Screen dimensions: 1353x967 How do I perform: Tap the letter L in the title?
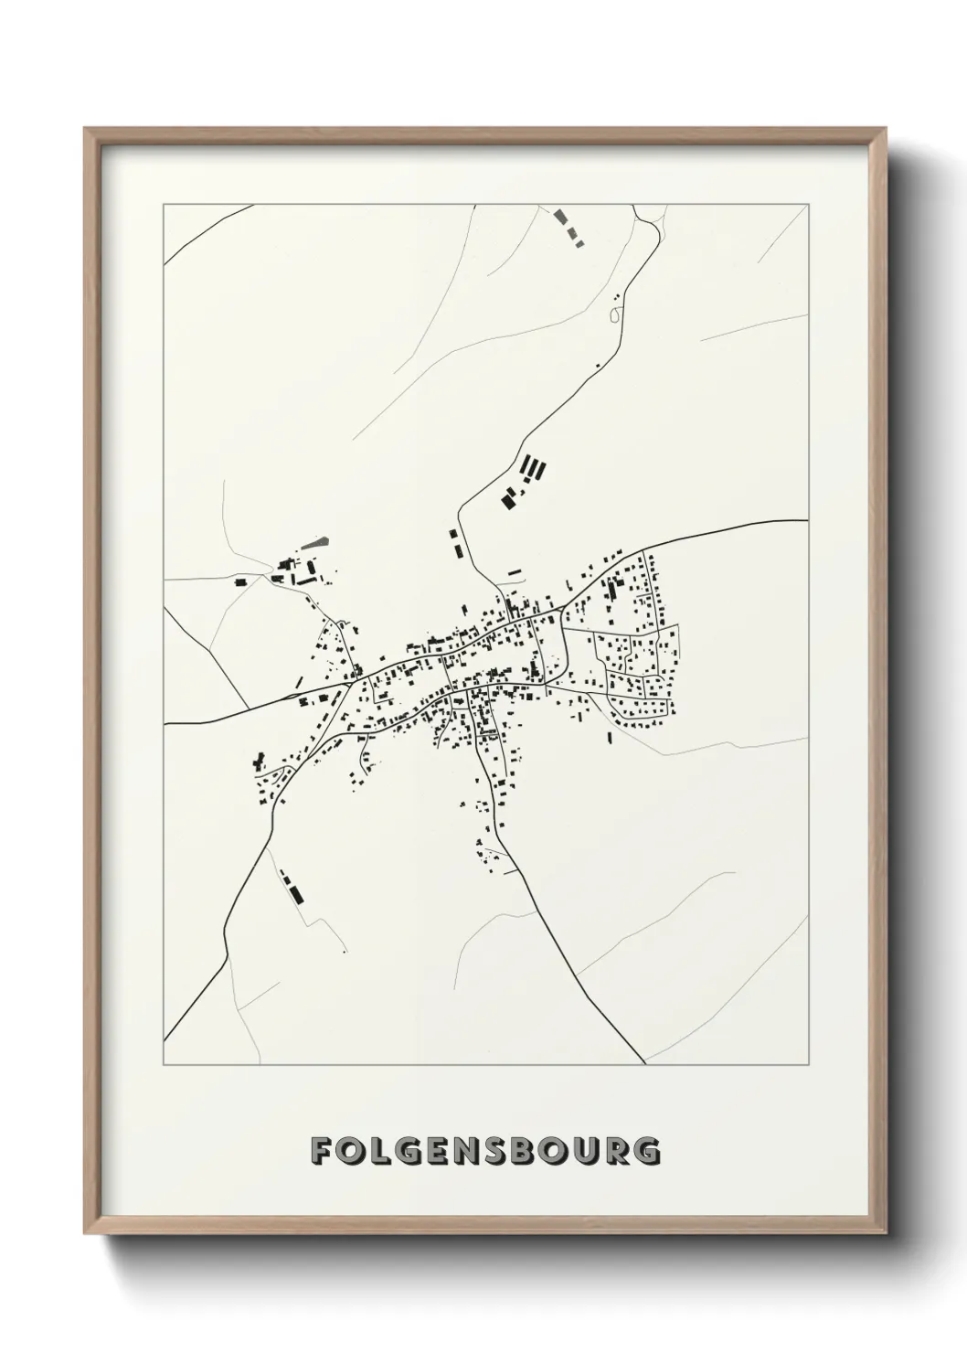click(386, 1151)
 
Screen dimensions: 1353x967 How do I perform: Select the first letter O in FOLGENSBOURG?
click(354, 1151)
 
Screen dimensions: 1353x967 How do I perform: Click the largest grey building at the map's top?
click(560, 218)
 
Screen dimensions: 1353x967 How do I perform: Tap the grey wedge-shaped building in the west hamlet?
click(313, 543)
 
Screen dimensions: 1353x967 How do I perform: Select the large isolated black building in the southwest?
click(294, 888)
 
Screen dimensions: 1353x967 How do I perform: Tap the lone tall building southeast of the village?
click(610, 736)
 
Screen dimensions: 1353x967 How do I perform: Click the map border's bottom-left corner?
click(164, 1065)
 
